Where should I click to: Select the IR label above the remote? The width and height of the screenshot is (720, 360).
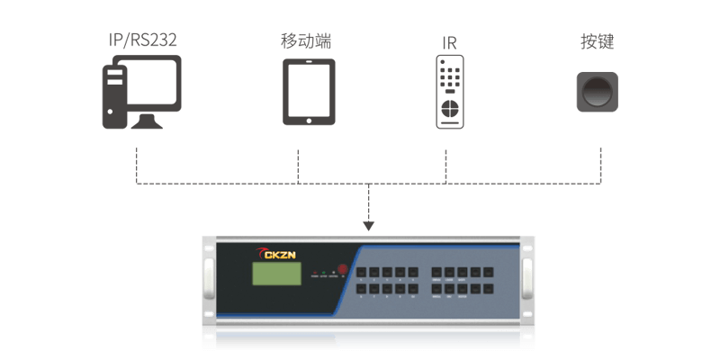click(449, 43)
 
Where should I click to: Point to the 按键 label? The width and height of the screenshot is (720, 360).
click(598, 42)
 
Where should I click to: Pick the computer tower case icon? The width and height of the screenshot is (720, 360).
click(114, 95)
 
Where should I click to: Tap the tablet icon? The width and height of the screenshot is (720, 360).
click(309, 92)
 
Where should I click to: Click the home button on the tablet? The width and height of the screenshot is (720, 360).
click(309, 119)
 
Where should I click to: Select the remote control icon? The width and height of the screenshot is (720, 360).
click(449, 92)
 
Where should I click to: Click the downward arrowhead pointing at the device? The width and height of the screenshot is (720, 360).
click(368, 221)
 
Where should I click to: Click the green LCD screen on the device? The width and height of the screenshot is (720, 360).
click(274, 275)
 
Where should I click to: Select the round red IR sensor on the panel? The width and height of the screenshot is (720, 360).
click(333, 271)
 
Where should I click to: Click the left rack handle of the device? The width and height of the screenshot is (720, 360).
click(207, 279)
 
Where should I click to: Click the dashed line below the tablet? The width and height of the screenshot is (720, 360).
click(298, 162)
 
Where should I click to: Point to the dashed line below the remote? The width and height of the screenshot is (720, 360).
click(447, 162)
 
